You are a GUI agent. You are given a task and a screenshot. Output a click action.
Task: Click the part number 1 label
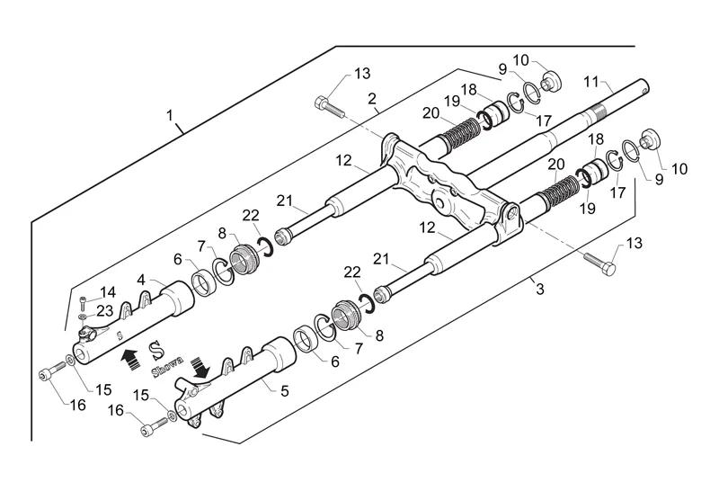point(170,115)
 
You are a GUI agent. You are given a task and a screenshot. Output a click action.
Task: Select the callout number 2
point(372,99)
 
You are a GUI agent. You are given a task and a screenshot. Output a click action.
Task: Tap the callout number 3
point(540,290)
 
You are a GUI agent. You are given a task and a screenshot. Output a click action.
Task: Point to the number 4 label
point(141,280)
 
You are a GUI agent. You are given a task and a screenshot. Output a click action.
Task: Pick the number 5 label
point(285,391)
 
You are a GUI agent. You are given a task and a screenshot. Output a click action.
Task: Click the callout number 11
point(591,82)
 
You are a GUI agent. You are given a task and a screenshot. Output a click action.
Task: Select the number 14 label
point(108,292)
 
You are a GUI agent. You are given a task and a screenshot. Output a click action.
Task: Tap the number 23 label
point(104,311)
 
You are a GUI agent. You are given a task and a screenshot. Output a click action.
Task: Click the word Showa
point(167,367)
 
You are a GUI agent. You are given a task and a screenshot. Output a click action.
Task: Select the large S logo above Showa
point(158,351)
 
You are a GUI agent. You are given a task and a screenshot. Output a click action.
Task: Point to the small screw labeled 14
point(82,302)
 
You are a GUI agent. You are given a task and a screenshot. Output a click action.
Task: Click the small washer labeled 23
point(82,317)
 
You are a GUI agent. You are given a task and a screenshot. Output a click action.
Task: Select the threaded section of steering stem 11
point(597,112)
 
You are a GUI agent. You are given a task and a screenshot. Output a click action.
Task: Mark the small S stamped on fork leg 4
point(120,335)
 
